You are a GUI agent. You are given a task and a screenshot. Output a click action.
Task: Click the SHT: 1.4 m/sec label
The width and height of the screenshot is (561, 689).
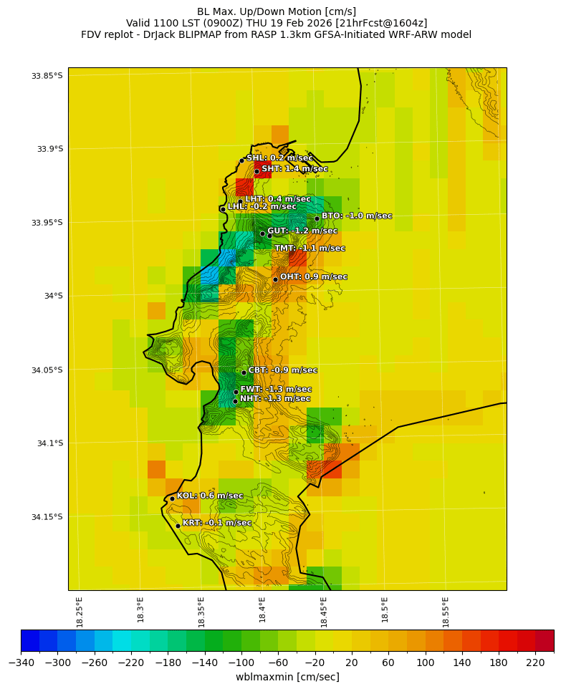click(x=294, y=169)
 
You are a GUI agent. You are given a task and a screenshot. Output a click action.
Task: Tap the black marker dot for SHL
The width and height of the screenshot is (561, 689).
click(x=242, y=160)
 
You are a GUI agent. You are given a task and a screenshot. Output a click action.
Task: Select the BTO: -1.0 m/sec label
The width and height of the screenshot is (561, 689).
click(x=356, y=216)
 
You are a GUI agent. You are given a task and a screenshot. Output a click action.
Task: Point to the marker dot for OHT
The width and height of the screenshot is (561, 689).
click(x=275, y=279)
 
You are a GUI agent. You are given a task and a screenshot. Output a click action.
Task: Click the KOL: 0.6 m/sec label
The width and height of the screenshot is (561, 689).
click(x=209, y=496)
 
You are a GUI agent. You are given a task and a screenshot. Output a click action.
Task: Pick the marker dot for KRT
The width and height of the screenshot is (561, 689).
click(x=178, y=526)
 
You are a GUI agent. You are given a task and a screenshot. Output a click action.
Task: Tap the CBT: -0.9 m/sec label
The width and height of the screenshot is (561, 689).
click(x=282, y=370)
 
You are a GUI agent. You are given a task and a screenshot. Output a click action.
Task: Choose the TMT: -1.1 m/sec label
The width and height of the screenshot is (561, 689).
click(x=310, y=249)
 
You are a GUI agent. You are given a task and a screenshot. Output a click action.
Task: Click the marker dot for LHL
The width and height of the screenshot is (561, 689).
click(x=223, y=209)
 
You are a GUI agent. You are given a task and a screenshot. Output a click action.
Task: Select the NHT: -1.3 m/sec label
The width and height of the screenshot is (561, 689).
click(x=275, y=399)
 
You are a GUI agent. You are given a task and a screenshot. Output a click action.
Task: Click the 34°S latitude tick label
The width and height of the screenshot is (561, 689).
click(x=52, y=296)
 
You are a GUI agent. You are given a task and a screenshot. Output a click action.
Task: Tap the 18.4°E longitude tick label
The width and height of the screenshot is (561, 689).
click(x=263, y=612)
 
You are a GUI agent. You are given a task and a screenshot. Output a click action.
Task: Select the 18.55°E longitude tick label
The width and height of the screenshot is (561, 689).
click(x=446, y=612)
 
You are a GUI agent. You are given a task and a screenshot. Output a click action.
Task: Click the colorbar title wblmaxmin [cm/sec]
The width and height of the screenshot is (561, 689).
click(x=287, y=677)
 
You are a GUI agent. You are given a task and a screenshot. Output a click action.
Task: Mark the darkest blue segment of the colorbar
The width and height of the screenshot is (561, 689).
click(x=30, y=640)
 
